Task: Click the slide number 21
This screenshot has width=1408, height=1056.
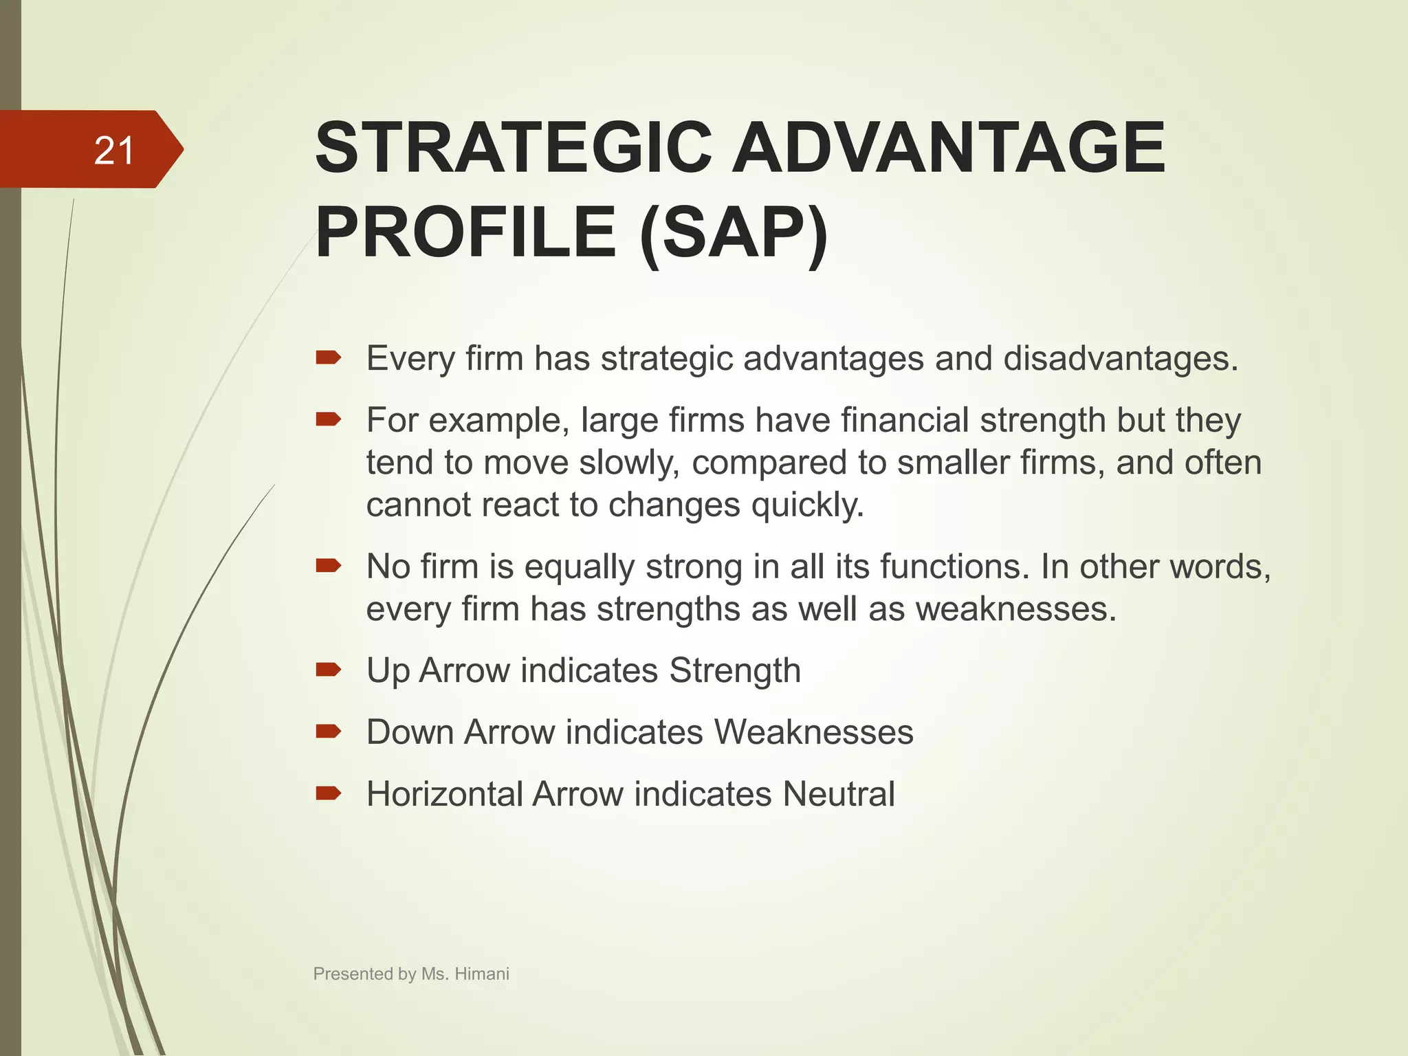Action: [113, 151]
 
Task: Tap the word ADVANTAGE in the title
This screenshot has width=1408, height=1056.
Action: [948, 148]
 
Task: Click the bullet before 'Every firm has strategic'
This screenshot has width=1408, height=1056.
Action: [328, 357]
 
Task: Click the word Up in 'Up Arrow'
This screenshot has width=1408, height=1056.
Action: [388, 671]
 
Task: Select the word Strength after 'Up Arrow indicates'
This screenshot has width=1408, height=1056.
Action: [734, 670]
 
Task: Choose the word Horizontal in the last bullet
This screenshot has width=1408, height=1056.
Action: [443, 794]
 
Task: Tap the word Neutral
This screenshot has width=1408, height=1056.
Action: [838, 794]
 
